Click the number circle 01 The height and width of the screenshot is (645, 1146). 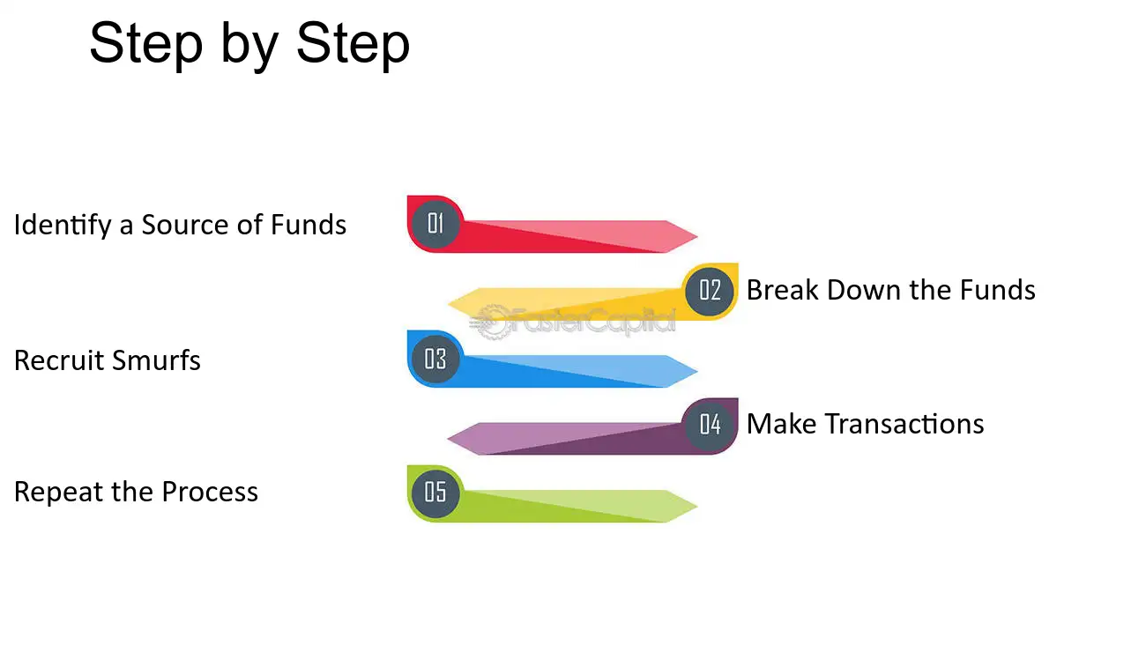point(435,224)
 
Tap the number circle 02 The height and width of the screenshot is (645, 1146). point(710,292)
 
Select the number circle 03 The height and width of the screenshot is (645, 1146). point(435,360)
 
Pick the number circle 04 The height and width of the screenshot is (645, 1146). point(710,425)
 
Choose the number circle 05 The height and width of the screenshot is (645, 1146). point(435,493)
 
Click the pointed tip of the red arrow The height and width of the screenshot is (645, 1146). point(697,236)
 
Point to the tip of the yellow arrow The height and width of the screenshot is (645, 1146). point(448,304)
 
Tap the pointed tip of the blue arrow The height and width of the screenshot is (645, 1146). point(697,371)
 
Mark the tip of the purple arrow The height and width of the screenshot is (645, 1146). point(448,438)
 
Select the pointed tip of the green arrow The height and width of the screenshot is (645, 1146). point(697,507)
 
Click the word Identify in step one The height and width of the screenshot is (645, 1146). point(63,226)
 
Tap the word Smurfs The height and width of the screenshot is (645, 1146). point(156,360)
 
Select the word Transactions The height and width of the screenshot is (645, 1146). point(904,424)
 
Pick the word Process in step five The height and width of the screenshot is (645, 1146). point(210,492)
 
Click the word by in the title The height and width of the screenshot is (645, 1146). point(249,46)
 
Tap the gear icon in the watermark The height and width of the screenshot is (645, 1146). point(491,322)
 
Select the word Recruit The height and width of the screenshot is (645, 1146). point(59,360)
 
